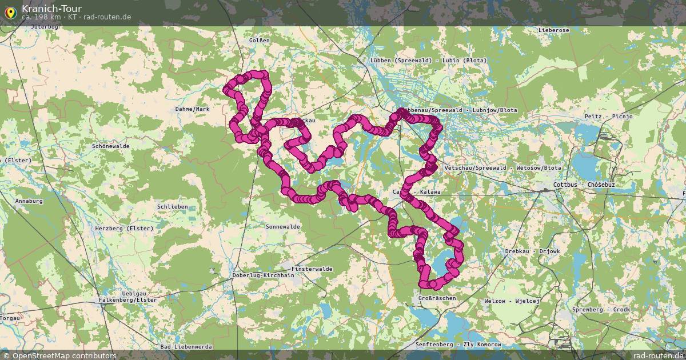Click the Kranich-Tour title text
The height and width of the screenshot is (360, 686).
[x=51, y=9]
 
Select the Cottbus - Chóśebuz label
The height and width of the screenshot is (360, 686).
[x=584, y=186]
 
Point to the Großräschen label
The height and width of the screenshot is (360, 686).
[x=437, y=298]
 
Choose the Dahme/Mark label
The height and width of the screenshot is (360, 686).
[x=193, y=109]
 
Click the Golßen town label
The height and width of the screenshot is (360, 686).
[x=259, y=41]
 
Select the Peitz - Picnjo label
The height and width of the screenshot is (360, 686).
[x=608, y=116]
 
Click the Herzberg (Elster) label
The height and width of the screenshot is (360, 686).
[x=125, y=228]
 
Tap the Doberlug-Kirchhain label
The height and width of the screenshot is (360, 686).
[x=264, y=275]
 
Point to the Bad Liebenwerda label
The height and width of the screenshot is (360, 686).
[x=187, y=347]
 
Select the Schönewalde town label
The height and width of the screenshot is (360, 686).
[x=111, y=146]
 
